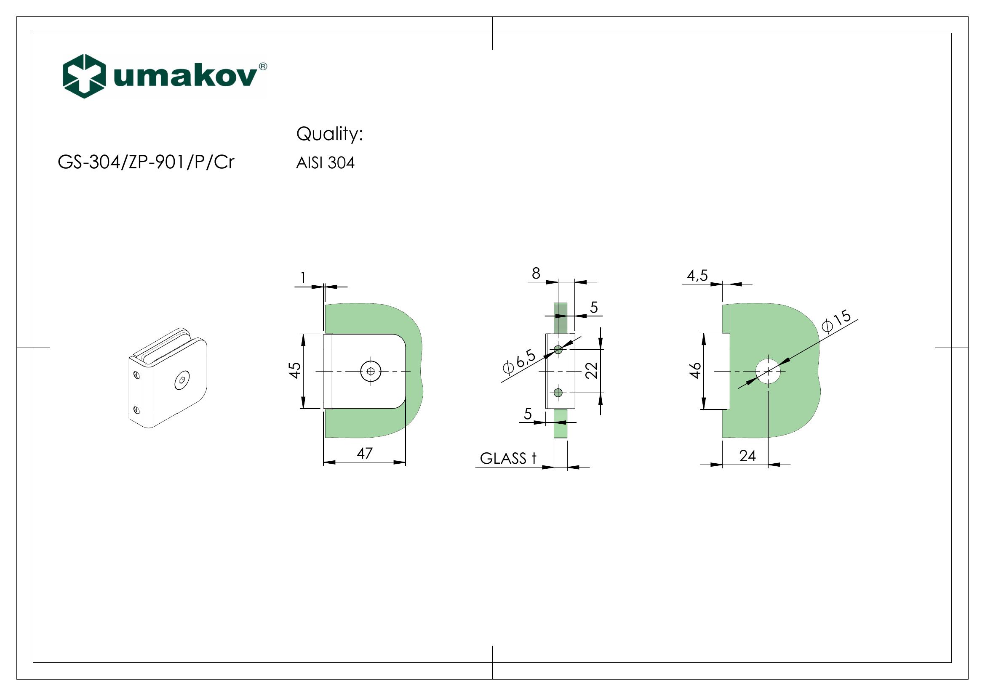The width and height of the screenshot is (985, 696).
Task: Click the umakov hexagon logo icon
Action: coord(84,76)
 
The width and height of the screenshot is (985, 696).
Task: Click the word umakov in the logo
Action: coord(185,77)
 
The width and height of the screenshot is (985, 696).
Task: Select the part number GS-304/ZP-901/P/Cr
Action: coord(146,162)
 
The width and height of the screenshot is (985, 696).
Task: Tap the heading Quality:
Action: coord(329,134)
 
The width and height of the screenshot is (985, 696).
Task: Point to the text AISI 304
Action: coord(325,163)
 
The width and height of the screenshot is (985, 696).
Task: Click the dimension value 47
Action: coord(365,453)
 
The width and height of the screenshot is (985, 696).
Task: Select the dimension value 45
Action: coord(295,370)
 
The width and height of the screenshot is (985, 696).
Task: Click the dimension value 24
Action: coord(747,456)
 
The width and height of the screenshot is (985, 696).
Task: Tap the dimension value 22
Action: coord(592,370)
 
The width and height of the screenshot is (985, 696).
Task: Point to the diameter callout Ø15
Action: coord(836,321)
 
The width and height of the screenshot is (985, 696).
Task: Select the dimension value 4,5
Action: coord(697,275)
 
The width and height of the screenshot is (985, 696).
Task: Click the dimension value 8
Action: coord(536,273)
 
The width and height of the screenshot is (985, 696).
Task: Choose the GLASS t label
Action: coord(508,459)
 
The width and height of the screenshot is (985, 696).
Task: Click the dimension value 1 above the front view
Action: coord(303,278)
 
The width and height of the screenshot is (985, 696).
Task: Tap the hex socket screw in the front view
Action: coord(371,371)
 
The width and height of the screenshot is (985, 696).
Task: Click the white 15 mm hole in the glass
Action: coord(768,371)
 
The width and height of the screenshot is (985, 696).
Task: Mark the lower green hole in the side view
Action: coord(558,392)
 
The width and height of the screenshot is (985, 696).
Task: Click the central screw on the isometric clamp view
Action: coord(182,380)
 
